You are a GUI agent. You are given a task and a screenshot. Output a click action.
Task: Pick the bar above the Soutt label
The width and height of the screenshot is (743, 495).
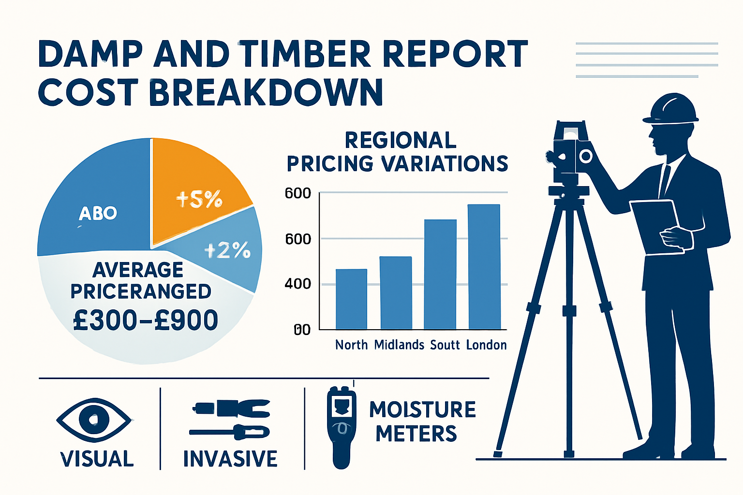(440, 274)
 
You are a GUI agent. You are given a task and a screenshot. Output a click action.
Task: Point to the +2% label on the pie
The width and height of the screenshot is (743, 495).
(227, 250)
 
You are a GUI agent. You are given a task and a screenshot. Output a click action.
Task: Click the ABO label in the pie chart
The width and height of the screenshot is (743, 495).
(98, 213)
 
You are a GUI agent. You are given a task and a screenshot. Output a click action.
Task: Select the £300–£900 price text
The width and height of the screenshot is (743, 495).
(146, 320)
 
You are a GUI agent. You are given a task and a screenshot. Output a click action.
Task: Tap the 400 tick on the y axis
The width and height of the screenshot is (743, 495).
(297, 284)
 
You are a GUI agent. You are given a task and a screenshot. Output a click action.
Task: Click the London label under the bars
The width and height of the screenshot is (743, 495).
(486, 345)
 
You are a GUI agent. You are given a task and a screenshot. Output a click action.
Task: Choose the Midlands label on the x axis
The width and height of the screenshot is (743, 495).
(399, 345)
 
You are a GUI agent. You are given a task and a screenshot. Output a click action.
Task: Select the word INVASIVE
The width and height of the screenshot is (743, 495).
(230, 459)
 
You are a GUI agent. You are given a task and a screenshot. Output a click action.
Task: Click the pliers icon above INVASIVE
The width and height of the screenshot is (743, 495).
(231, 408)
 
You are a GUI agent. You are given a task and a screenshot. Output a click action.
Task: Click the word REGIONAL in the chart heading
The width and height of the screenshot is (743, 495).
(401, 140)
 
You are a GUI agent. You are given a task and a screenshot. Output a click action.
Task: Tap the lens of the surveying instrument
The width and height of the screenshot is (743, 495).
(586, 156)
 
